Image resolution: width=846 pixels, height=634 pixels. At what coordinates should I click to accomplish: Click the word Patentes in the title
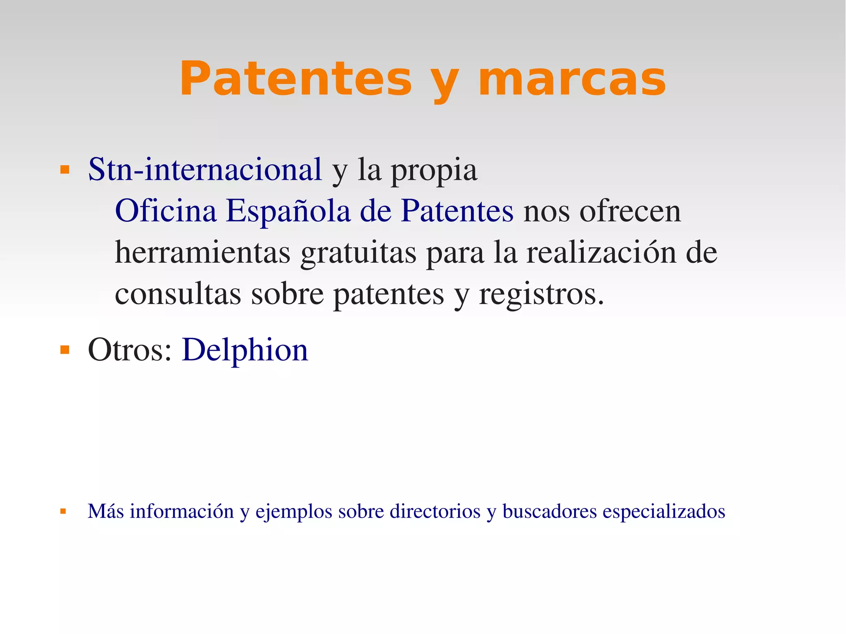(x=295, y=78)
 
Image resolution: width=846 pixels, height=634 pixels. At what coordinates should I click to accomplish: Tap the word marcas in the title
(x=572, y=78)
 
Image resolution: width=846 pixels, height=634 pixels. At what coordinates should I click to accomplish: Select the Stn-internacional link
(x=205, y=169)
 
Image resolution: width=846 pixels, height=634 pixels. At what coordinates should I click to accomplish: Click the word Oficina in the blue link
(x=166, y=211)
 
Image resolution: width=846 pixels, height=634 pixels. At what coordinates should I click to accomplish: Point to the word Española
(x=288, y=211)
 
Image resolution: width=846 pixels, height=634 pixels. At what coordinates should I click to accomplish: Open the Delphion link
(x=245, y=350)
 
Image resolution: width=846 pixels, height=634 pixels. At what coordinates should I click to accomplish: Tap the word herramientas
(x=202, y=252)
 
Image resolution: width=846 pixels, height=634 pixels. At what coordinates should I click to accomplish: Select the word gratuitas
(x=359, y=252)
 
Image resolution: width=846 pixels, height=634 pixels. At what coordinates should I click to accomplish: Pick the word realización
(x=601, y=252)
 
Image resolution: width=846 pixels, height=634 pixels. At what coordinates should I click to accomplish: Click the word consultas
(x=178, y=294)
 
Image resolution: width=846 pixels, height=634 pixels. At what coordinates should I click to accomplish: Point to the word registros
(x=541, y=294)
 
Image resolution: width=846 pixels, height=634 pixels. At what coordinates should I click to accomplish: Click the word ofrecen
(x=630, y=211)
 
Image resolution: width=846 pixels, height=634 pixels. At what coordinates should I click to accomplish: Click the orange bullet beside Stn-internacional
(x=64, y=169)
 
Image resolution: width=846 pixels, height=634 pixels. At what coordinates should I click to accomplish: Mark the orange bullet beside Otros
(x=64, y=350)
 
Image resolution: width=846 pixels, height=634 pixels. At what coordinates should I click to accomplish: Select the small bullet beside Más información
(x=63, y=511)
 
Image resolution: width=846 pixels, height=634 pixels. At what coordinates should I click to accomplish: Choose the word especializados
(x=664, y=511)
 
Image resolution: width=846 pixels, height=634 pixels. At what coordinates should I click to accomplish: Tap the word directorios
(x=435, y=511)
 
